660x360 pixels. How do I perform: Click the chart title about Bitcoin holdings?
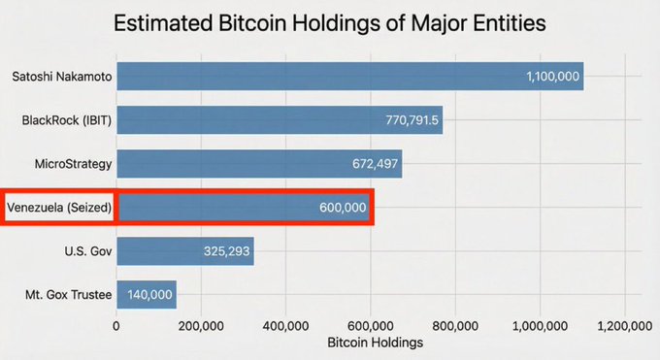point(330,24)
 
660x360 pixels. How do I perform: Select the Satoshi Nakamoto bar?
point(349,76)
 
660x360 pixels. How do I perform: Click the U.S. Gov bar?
point(184,251)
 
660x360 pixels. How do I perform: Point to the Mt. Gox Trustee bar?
point(146,295)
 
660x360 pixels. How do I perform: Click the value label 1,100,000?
point(550,76)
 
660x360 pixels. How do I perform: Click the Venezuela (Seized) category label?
point(59,208)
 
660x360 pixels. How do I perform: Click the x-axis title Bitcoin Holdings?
point(375,343)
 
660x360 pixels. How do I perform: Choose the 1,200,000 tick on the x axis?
point(624,326)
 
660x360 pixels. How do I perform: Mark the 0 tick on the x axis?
point(116,326)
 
